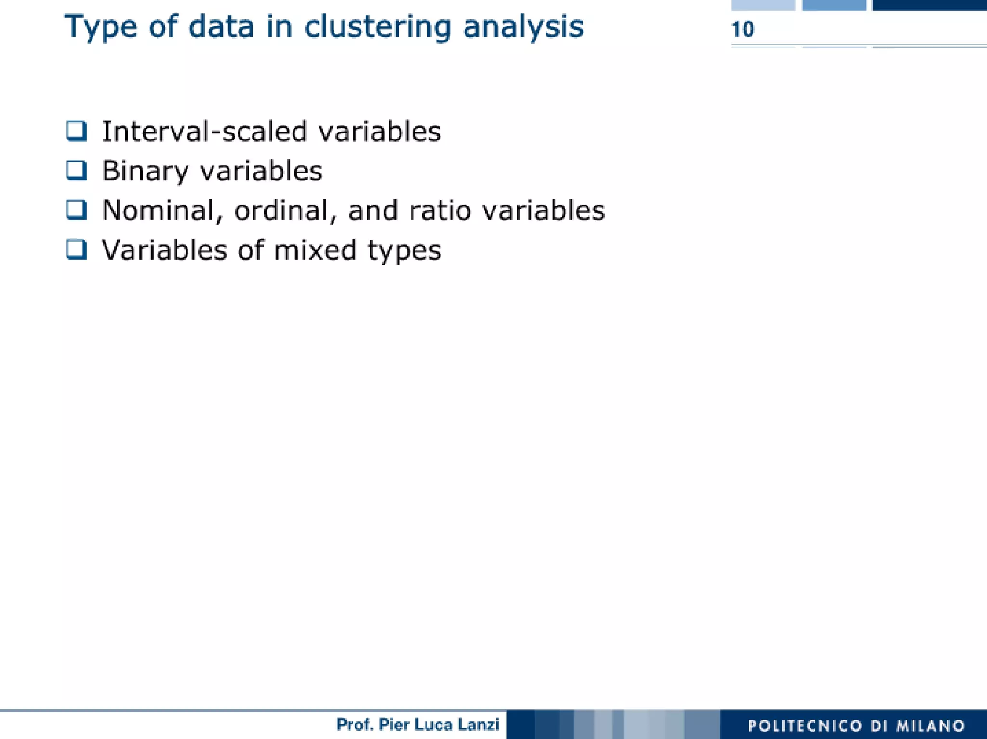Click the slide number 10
click(x=742, y=29)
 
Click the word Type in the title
click(x=100, y=27)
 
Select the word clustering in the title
click(x=377, y=27)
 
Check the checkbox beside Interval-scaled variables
click(x=77, y=131)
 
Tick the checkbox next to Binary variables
click(x=77, y=171)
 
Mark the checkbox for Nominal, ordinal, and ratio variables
click(x=77, y=210)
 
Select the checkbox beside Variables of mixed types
click(x=77, y=250)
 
